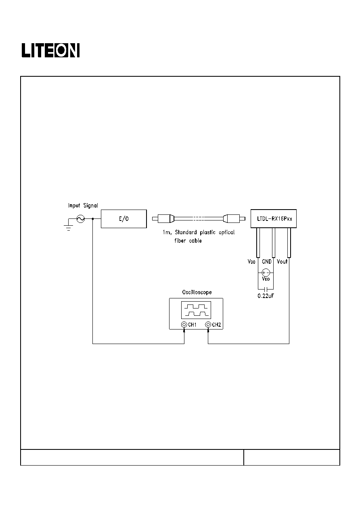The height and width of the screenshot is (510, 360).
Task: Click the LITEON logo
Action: pyautogui.click(x=50, y=50)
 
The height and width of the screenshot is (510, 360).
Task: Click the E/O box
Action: pyautogui.click(x=124, y=218)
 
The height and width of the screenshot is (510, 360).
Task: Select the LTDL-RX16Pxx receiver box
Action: pyautogui.click(x=274, y=218)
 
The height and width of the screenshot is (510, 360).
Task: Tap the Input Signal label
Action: pyautogui.click(x=83, y=206)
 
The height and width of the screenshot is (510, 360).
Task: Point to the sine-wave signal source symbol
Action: pyautogui.click(x=81, y=219)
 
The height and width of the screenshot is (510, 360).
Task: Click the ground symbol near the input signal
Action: pyautogui.click(x=69, y=227)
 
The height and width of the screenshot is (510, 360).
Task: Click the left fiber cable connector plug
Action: pyautogui.click(x=163, y=218)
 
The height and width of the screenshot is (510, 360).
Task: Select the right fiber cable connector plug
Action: pyautogui.click(x=234, y=218)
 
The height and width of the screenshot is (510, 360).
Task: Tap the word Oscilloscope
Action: pyautogui.click(x=197, y=292)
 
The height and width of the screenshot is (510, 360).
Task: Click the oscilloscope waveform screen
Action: pyautogui.click(x=196, y=310)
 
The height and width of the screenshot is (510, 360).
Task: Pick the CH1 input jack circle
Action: pyautogui.click(x=184, y=324)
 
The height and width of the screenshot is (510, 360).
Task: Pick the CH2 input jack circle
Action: pyautogui.click(x=208, y=324)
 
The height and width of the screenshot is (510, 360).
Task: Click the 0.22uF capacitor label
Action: pyautogui.click(x=266, y=296)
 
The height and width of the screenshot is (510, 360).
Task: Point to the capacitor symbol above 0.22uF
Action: pyautogui.click(x=266, y=290)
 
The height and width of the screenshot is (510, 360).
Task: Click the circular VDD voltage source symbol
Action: pyautogui.click(x=266, y=273)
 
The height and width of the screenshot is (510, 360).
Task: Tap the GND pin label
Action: pyautogui.click(x=267, y=262)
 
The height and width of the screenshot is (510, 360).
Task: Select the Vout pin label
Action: pyautogui.click(x=282, y=262)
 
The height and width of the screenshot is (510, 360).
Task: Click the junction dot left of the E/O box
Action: pyautogui.click(x=92, y=219)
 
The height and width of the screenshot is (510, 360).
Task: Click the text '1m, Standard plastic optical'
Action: pyautogui.click(x=199, y=232)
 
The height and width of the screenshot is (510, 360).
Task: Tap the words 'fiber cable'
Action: pyautogui.click(x=188, y=240)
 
